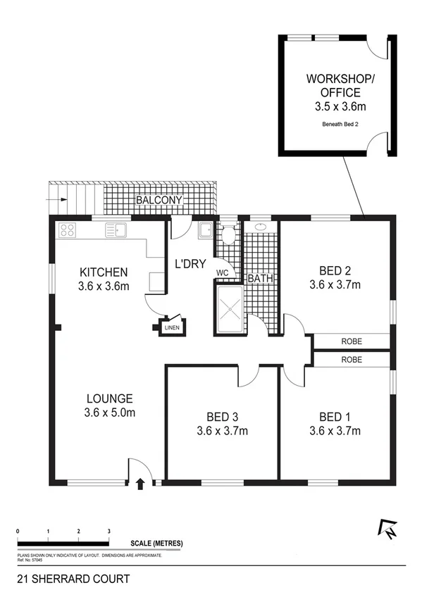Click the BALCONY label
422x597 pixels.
tap(159, 201)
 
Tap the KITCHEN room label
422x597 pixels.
tap(103, 272)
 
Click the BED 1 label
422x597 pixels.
tap(335, 415)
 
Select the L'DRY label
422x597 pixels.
tap(190, 264)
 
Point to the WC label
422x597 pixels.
tap(222, 272)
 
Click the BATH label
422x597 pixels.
tap(260, 279)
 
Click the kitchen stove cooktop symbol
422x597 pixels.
tap(68, 230)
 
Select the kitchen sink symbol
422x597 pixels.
tap(116, 229)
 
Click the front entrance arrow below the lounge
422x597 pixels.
tap(139, 484)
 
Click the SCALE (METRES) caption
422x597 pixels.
tap(156, 543)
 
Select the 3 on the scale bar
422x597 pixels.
tap(108, 530)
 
